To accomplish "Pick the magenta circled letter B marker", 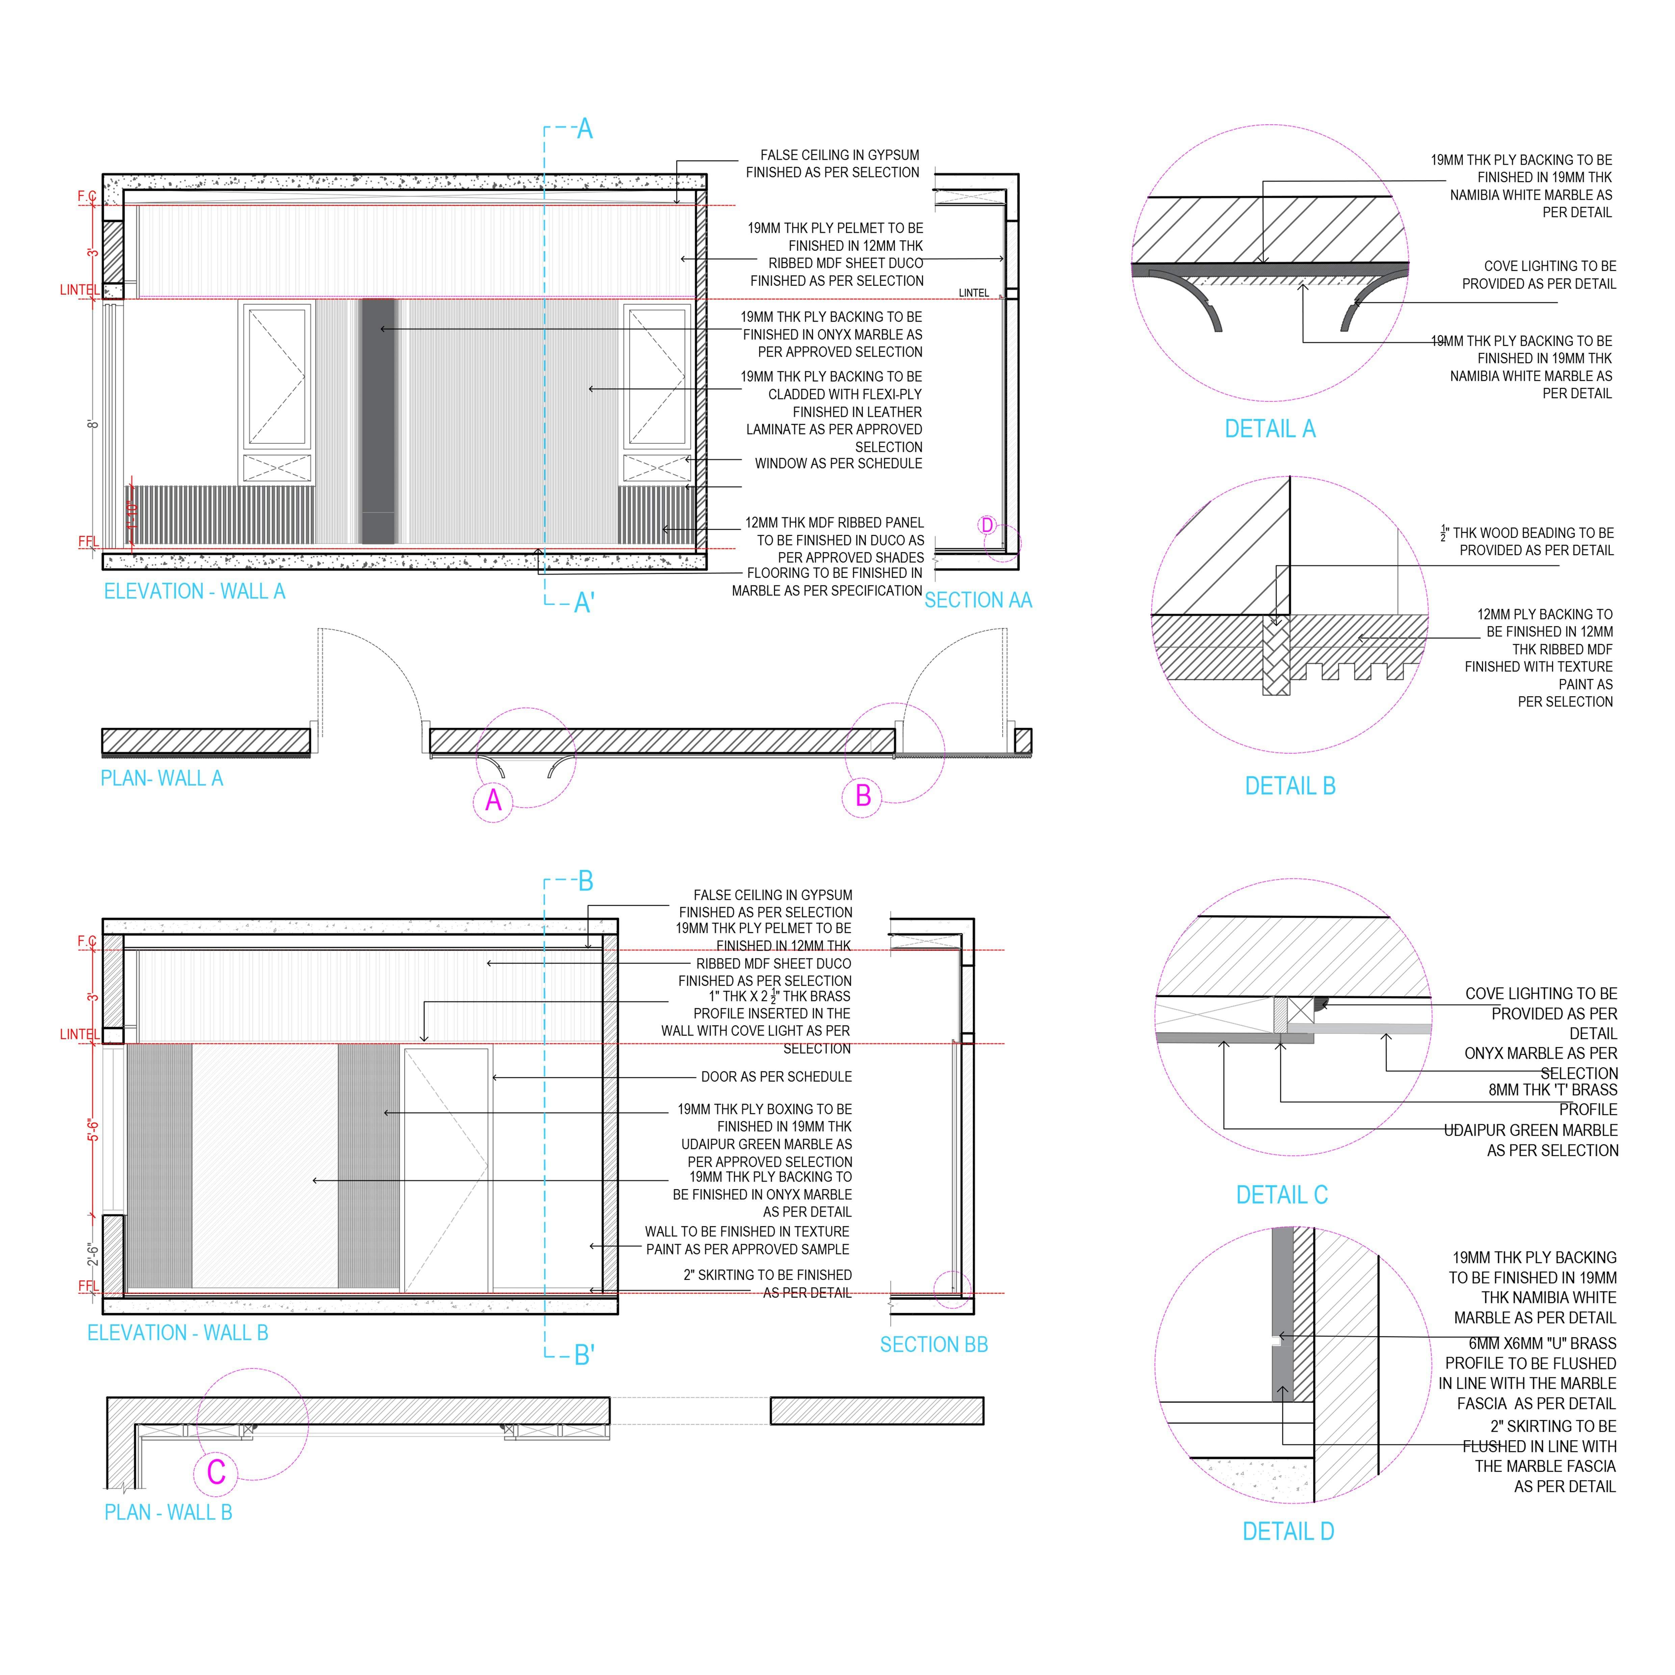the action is [863, 796].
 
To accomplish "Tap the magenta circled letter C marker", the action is [216, 1472].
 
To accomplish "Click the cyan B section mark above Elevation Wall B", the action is [585, 882].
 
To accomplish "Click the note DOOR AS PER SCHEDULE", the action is [776, 1077].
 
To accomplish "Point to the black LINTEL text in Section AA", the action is [974, 293].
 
